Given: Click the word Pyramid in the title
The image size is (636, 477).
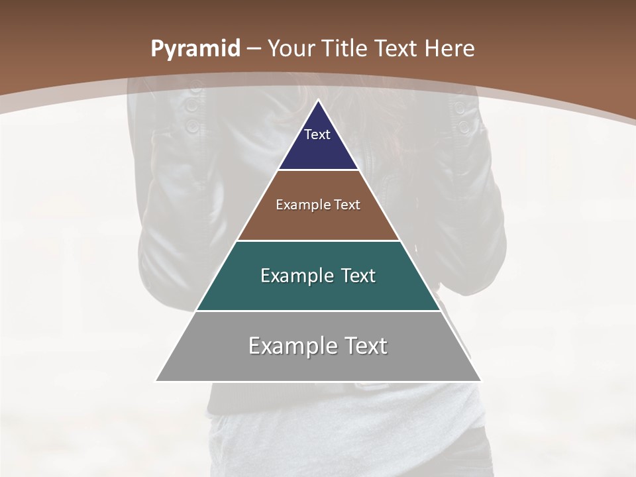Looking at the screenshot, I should [195, 49].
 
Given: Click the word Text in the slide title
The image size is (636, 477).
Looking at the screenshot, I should [397, 48].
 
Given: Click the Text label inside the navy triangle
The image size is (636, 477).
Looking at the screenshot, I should [317, 134].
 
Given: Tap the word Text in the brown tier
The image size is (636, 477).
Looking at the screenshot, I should [348, 205].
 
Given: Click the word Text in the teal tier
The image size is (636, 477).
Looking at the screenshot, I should [358, 276].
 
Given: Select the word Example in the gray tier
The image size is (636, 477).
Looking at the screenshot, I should [288, 346].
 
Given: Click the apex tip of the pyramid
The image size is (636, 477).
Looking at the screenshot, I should [318, 101].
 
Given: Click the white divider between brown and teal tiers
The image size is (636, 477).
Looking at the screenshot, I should [318, 240].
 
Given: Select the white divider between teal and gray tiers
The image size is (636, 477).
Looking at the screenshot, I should [318, 311].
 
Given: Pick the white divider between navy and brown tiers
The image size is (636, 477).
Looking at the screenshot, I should [318, 170].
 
